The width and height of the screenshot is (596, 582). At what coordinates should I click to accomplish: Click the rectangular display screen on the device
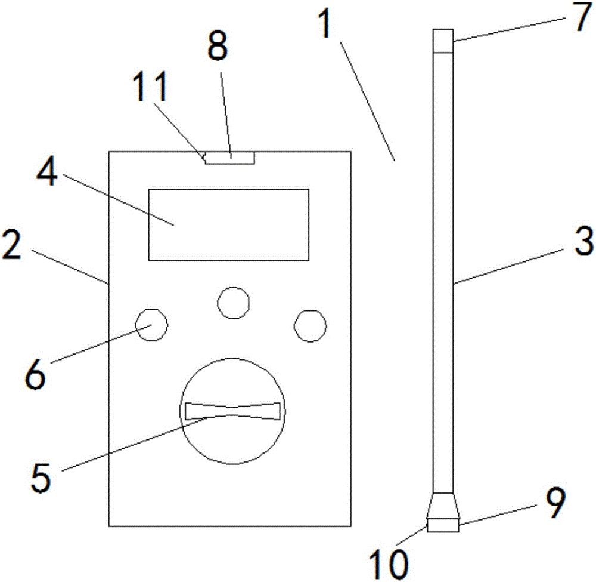(229, 224)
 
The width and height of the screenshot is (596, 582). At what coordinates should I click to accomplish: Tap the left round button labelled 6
(151, 325)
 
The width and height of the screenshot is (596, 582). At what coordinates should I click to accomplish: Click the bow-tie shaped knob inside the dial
(232, 411)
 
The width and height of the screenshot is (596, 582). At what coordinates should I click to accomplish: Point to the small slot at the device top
(230, 158)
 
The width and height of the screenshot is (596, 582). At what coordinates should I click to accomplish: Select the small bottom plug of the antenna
(443, 525)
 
